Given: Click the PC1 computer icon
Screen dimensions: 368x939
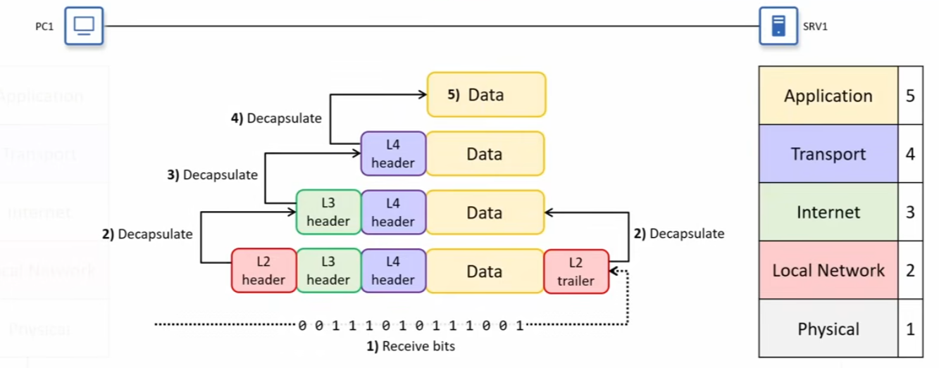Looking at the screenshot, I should point(84,26).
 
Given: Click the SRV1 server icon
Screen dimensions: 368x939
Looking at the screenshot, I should point(778,26).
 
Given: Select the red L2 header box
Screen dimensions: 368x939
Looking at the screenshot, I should point(263,271).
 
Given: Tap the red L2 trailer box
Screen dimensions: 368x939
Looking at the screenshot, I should point(576,271).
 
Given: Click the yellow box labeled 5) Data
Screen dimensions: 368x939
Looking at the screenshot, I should point(486,94).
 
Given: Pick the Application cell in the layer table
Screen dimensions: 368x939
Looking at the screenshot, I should point(828,96).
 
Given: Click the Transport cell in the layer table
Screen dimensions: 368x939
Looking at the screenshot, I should point(828,154).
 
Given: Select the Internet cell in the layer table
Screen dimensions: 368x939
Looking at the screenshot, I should point(828,212).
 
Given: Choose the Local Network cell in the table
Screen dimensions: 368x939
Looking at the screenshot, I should point(828,271).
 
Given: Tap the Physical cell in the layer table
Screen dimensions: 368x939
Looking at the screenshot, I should point(828,329).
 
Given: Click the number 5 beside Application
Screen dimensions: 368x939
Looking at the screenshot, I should point(910,96).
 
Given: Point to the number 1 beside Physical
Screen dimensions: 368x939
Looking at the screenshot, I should point(910,329).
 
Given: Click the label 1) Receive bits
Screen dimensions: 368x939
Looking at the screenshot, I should point(410,346).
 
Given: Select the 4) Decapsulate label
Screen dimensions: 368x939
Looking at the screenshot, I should point(276,118).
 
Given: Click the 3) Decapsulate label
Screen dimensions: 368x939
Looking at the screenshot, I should point(212,175).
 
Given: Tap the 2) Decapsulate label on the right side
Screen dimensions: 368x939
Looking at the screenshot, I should point(679,234).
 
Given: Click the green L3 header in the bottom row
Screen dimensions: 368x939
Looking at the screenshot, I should point(328,271).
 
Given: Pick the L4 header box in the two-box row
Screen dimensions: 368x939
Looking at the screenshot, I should point(393,153).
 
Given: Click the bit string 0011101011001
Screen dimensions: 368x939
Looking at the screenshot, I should point(411,326).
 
